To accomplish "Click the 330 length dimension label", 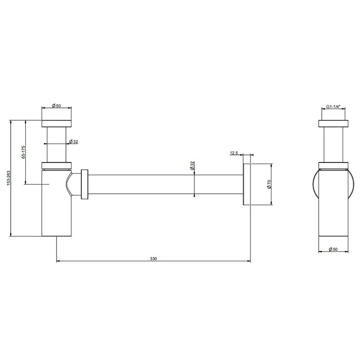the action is (x=153, y=259).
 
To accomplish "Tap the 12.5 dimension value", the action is (x=234, y=153).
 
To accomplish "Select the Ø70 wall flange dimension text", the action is (x=269, y=184).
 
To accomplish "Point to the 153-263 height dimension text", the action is (x=9, y=178).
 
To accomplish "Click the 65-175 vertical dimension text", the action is (x=23, y=152).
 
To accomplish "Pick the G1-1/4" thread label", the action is (x=333, y=107).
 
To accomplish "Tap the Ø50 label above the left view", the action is (x=57, y=105).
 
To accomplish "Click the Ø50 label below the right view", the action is (x=333, y=249).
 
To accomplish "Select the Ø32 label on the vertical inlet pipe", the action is (x=74, y=141).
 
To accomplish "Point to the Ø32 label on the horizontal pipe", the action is (x=192, y=165).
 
